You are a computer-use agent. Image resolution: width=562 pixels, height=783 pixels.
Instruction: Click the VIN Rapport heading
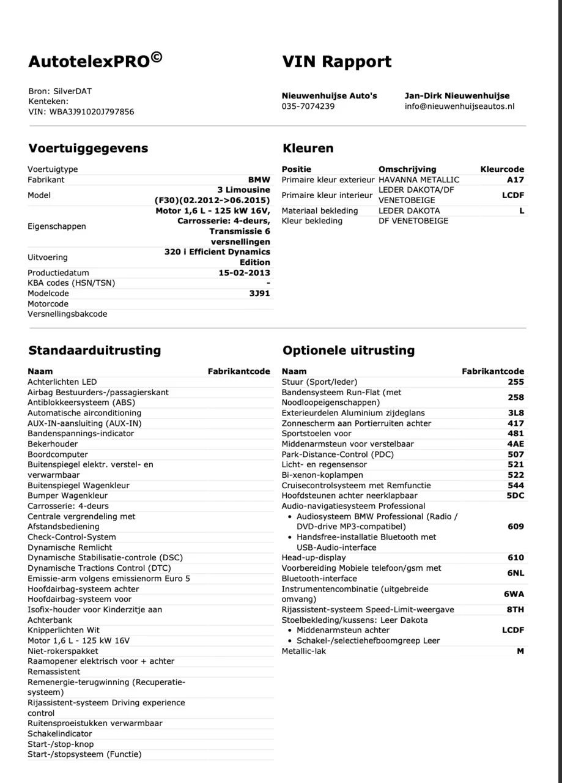pos(337,62)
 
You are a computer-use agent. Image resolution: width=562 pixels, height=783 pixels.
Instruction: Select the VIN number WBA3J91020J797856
pos(92,112)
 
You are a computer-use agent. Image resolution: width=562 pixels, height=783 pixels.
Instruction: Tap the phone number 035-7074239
pos(308,106)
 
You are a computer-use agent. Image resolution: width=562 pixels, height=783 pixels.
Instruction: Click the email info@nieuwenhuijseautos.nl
pos(459,106)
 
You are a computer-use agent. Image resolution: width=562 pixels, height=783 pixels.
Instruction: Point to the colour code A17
pos(515,180)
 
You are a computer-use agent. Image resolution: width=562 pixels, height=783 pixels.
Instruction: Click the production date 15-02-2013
pos(244,273)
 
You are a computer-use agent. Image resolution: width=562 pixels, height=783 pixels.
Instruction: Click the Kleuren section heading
pos(308,149)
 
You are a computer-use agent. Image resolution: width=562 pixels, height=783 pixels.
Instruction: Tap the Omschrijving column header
pos(407,169)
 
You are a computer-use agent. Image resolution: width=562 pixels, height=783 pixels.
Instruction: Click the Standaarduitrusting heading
pos(94,351)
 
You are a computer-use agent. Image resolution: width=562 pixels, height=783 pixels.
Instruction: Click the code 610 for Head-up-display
pos(516,558)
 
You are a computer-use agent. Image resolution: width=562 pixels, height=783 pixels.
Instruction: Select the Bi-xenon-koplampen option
pos(322,475)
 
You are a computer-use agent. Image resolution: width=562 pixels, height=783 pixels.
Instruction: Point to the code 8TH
pos(515,610)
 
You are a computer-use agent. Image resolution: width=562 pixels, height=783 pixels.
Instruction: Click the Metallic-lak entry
pos(304,651)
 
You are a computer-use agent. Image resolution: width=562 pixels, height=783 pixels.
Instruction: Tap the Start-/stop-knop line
pos(61,744)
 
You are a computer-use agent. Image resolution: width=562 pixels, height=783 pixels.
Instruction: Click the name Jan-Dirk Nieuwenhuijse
pos(457,96)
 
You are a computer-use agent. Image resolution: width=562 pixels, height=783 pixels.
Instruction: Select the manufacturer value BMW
pos(259,180)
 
